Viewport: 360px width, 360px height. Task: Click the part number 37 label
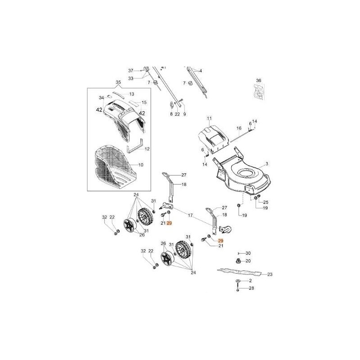tap(131, 71)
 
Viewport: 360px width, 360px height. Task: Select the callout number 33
tap(131, 78)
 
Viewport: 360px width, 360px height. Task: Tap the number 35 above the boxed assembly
tap(118, 82)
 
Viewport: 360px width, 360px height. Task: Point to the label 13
tap(132, 94)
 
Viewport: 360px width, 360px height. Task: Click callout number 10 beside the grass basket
tap(141, 165)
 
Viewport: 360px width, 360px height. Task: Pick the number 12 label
tap(147, 148)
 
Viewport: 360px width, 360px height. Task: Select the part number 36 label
tap(258, 81)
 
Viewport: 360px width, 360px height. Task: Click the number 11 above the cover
tap(209, 118)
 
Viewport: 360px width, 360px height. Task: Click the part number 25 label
tap(265, 202)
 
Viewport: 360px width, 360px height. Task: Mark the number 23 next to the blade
tap(270, 274)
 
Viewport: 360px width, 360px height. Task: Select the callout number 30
tap(248, 253)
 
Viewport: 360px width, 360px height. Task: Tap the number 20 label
tap(248, 261)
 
